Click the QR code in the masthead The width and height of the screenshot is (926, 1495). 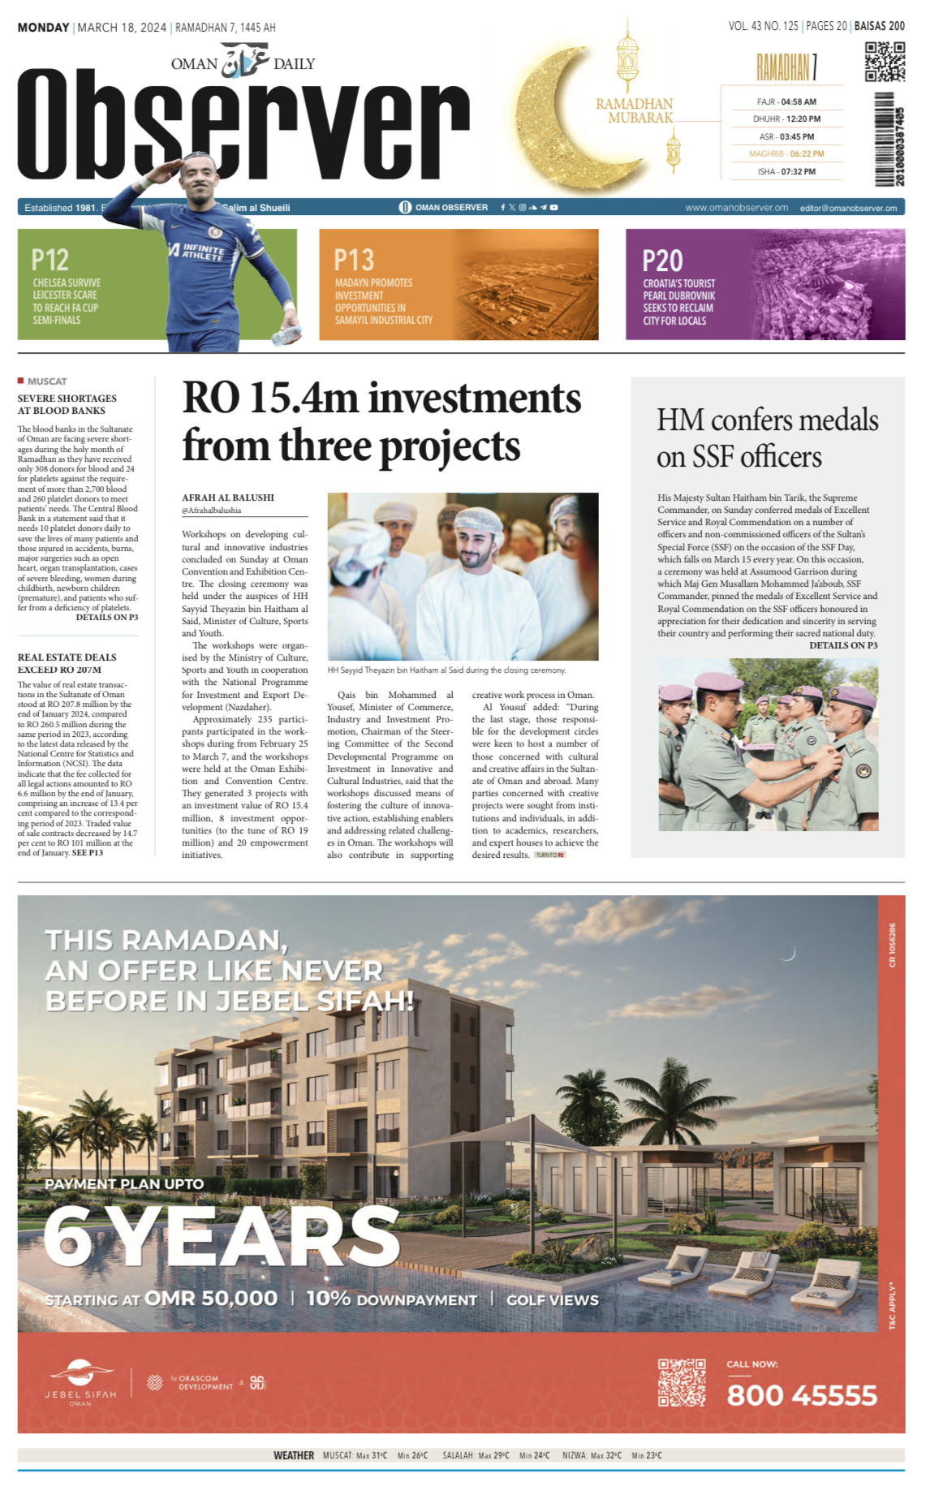click(884, 62)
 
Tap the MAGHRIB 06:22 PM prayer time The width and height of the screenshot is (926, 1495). click(786, 153)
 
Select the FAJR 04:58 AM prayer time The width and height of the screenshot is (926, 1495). click(786, 101)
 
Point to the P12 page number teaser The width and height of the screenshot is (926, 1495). click(50, 260)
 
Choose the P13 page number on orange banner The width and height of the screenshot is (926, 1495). click(354, 260)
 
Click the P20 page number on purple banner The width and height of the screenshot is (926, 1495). click(662, 261)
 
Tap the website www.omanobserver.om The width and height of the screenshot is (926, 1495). click(736, 208)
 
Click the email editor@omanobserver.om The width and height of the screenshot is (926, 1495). click(848, 208)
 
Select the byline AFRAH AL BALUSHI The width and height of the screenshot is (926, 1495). click(228, 498)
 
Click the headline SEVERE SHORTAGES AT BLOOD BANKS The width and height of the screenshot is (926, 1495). click(67, 404)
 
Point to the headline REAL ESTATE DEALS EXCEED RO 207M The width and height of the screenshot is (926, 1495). click(67, 663)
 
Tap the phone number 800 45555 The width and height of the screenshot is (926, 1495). click(802, 1395)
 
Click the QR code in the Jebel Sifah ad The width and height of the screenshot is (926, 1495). click(681, 1382)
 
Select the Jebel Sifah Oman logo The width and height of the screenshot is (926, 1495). click(80, 1382)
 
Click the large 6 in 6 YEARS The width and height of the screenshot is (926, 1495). click(67, 1237)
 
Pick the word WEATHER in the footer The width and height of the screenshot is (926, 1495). click(294, 1455)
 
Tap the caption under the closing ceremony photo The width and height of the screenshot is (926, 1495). click(446, 670)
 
